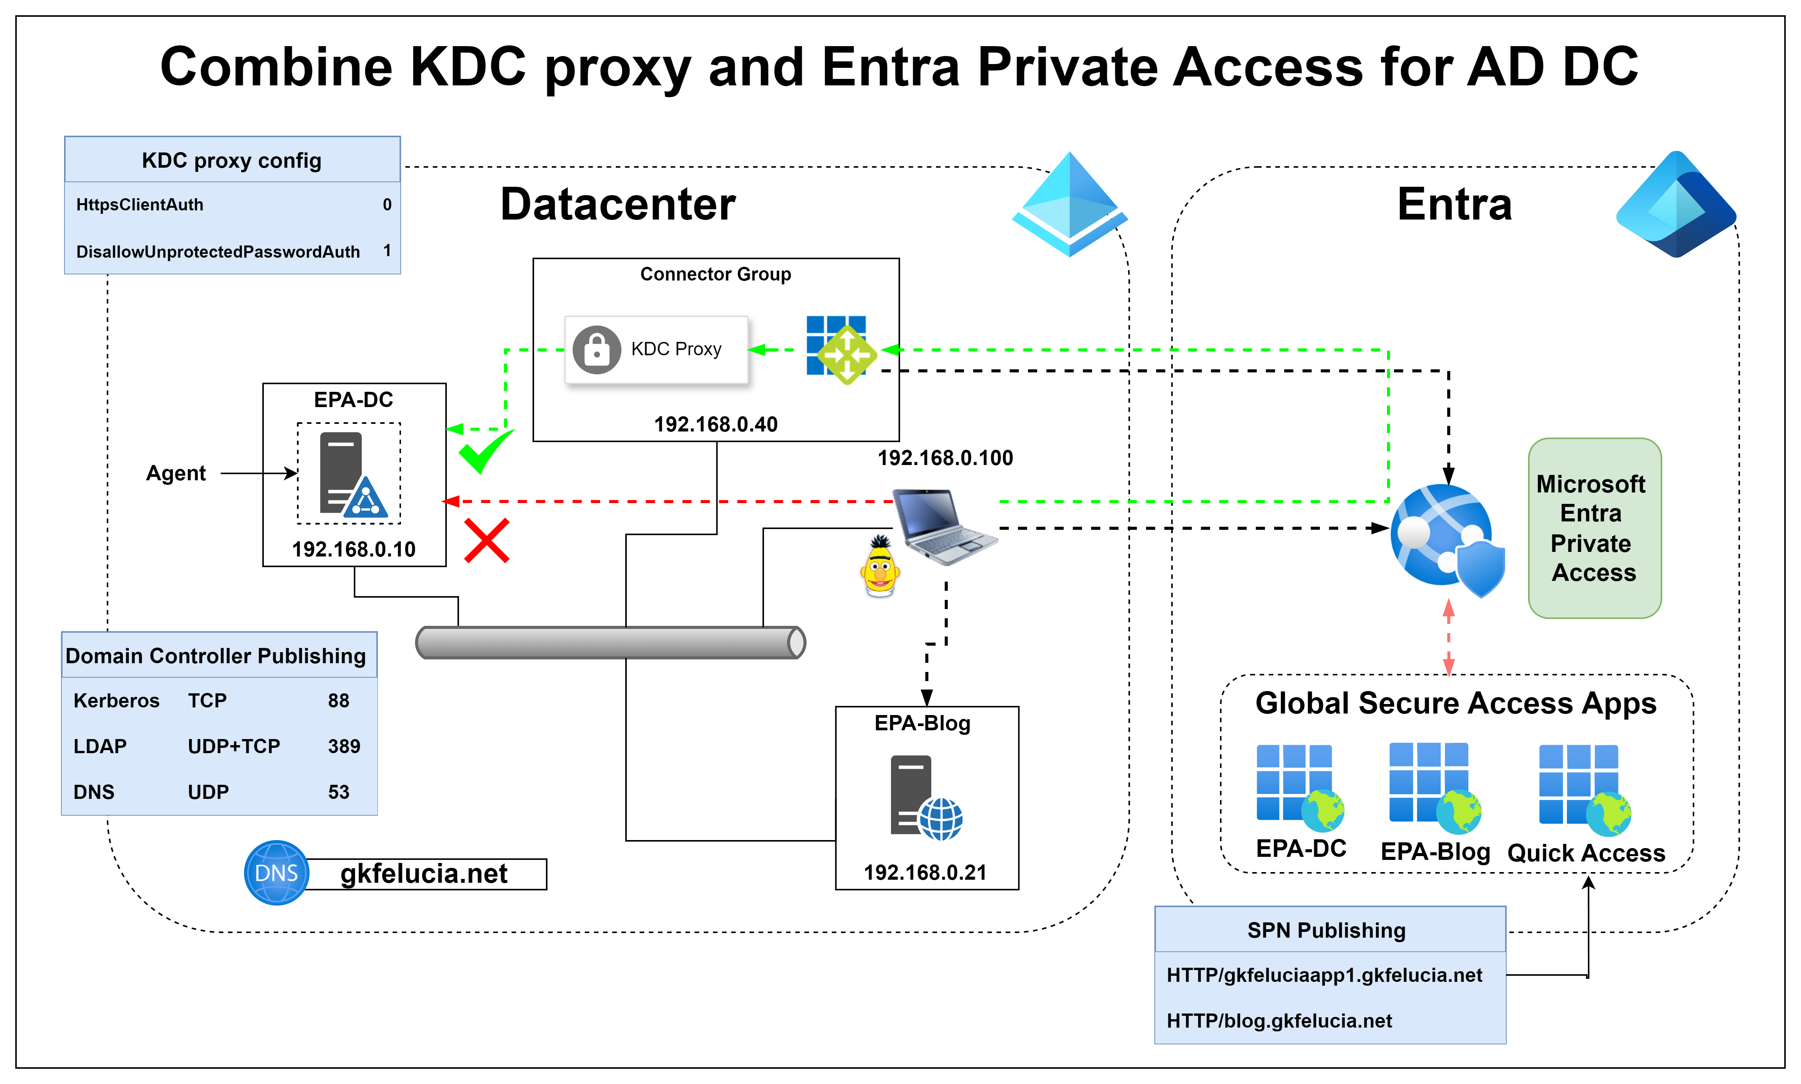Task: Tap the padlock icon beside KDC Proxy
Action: [x=596, y=350]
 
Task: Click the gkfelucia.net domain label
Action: [x=424, y=874]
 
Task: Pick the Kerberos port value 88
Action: [x=338, y=701]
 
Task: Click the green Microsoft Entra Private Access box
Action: [x=1594, y=528]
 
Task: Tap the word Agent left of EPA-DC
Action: [x=176, y=473]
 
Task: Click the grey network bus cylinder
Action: [x=610, y=643]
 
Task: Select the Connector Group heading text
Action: [x=715, y=274]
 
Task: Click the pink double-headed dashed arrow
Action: [x=1448, y=637]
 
